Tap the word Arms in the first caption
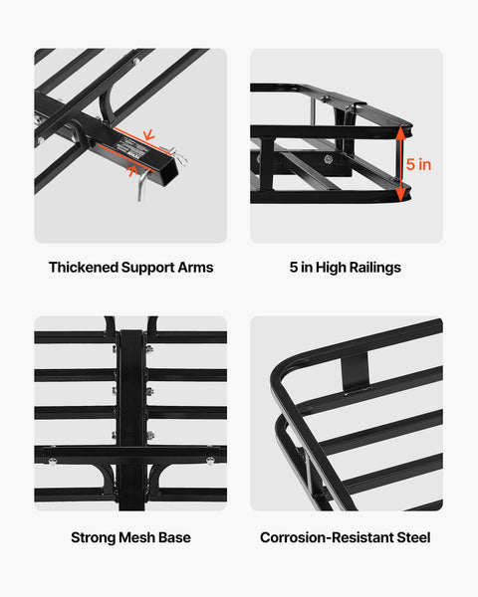[x=195, y=268]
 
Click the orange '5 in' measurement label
[x=419, y=165]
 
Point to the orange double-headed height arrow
[x=402, y=164]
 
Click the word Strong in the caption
[x=93, y=537]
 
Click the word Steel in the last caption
[x=412, y=537]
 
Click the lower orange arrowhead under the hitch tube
[x=133, y=169]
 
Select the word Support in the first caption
[x=148, y=268]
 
